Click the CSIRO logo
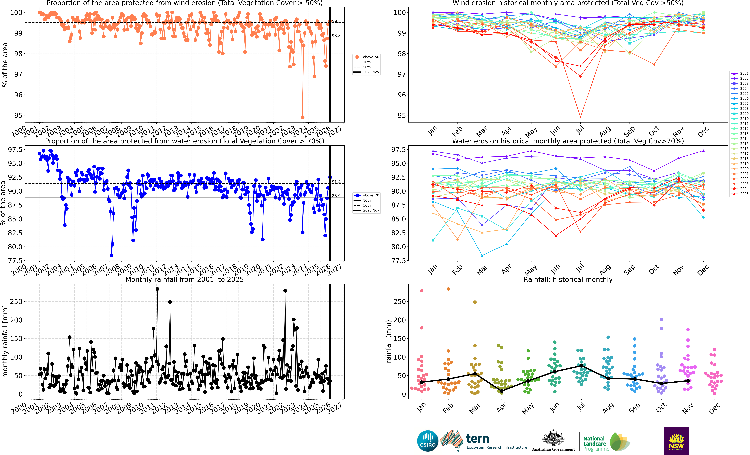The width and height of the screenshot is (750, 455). click(428, 441)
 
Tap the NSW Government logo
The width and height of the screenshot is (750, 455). click(676, 441)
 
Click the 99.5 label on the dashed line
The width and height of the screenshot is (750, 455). click(336, 21)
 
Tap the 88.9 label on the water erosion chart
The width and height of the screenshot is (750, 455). click(336, 196)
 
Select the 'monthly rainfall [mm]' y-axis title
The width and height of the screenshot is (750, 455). click(5, 342)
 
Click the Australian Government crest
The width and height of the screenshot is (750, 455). click(553, 438)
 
